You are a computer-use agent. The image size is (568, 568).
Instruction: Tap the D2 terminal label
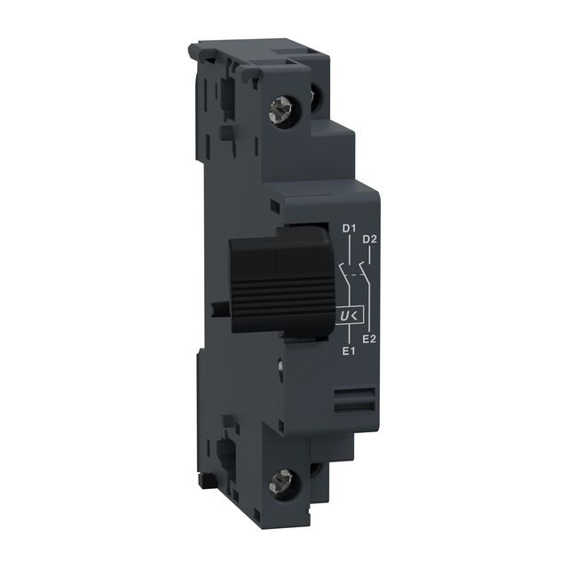(x=371, y=240)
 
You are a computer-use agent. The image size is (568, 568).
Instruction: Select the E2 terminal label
(x=372, y=339)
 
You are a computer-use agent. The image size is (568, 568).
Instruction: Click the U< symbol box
(x=349, y=315)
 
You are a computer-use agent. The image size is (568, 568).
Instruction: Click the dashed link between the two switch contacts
(x=358, y=274)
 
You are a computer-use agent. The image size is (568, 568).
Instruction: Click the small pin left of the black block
(x=218, y=308)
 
